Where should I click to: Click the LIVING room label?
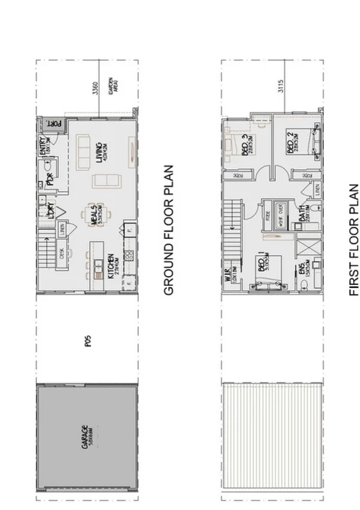[98, 149]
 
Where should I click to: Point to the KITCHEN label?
[111, 265]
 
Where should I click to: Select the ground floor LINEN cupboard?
[61, 229]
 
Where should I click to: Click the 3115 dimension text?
[280, 87]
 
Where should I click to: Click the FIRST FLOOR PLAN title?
[353, 240]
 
